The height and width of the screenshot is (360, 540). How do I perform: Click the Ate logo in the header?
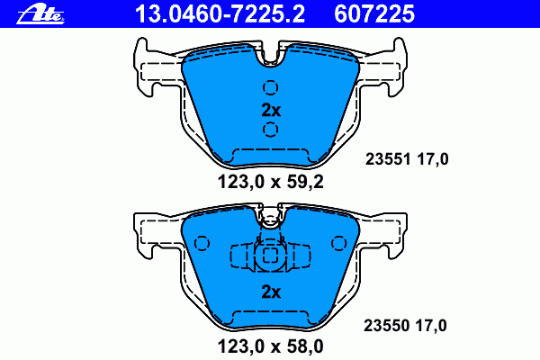[40, 14]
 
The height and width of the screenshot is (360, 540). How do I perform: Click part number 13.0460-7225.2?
[220, 13]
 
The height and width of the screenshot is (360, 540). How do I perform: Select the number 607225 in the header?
[374, 13]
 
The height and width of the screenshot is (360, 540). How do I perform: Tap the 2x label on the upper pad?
[271, 110]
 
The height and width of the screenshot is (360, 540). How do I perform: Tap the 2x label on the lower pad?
[271, 292]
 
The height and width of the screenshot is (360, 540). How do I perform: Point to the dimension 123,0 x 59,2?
[271, 182]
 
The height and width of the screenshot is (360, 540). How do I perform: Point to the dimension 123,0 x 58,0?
[271, 346]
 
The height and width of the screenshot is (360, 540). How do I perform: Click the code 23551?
[388, 159]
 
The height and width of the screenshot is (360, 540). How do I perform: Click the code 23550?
[386, 326]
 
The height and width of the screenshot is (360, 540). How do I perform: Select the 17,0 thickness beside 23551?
[433, 159]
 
